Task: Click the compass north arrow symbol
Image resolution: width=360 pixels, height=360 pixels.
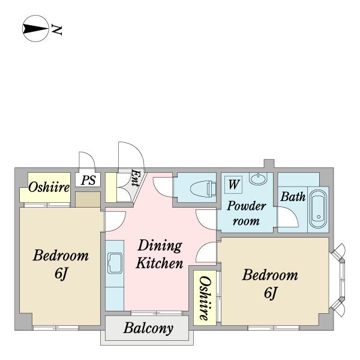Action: coord(35,28)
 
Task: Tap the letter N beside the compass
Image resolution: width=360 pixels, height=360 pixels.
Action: coord(57,29)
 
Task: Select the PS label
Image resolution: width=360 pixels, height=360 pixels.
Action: coord(88,180)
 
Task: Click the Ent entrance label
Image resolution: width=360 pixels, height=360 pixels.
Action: coord(135,178)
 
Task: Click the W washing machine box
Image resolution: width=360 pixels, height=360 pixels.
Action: coord(234,185)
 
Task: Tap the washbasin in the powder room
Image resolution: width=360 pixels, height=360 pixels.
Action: coord(258,178)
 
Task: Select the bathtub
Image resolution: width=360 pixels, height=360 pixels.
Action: coord(318,209)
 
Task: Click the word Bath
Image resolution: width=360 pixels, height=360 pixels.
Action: coord(293,197)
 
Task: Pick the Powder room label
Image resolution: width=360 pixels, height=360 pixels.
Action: coord(247,213)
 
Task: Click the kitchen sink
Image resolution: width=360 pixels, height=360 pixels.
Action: coord(115,263)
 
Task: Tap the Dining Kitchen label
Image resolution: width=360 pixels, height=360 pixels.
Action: coord(160,254)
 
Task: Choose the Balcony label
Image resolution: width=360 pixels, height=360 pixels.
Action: coord(148,328)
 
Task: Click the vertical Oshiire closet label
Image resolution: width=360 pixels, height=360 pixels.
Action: coord(205,298)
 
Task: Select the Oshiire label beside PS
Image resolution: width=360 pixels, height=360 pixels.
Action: coord(49,187)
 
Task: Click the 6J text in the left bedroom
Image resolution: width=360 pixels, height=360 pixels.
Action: coord(61,274)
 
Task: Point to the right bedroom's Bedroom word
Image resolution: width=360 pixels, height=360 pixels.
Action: coord(270,275)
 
